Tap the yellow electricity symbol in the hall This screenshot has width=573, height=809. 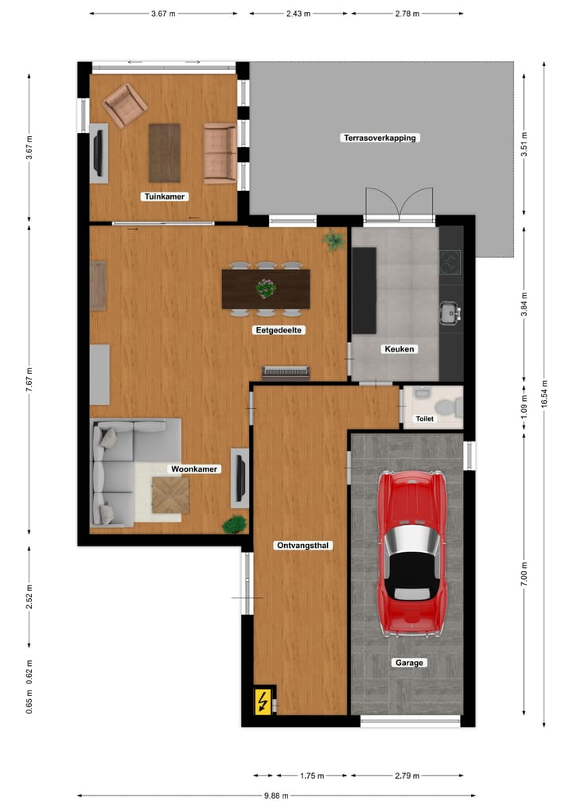click(262, 701)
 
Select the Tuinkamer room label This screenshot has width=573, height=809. click(165, 196)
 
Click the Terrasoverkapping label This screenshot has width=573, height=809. click(380, 138)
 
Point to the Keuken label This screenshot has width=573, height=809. click(400, 348)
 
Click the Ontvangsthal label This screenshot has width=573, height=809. click(302, 546)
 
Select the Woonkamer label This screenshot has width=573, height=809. click(194, 469)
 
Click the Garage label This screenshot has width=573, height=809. click(410, 663)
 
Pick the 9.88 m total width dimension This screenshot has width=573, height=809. click(276, 795)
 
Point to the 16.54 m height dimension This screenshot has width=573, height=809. click(544, 393)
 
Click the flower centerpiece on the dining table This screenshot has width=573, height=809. click(266, 288)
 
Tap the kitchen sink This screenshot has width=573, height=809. click(450, 312)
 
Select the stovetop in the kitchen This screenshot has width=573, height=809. click(450, 261)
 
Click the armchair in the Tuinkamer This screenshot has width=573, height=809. click(125, 105)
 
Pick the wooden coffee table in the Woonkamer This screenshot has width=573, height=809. click(171, 495)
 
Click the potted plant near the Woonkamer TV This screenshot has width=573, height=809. click(235, 524)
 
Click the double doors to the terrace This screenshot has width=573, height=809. click(400, 204)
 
